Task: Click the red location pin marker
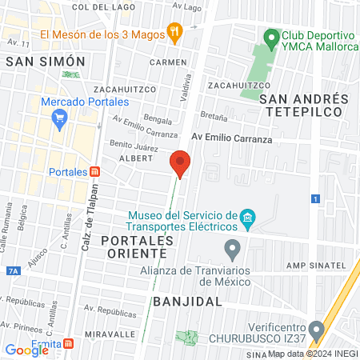(180, 163)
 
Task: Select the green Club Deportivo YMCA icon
(271, 38)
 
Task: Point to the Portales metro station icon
(96, 172)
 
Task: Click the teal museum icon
(248, 217)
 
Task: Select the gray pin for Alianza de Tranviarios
(233, 250)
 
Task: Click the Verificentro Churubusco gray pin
(318, 330)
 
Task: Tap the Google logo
(27, 350)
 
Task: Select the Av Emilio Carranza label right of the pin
(232, 138)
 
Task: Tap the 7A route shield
(12, 271)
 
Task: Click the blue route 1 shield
(316, 198)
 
